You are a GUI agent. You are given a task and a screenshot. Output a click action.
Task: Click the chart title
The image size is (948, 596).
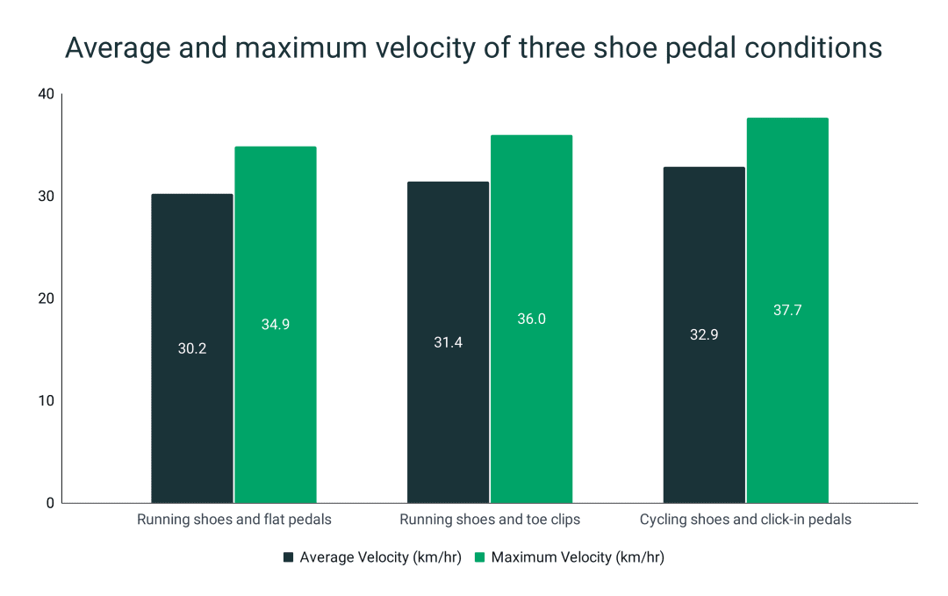coord(474,48)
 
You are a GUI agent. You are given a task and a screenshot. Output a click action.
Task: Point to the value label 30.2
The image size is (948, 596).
coord(192,348)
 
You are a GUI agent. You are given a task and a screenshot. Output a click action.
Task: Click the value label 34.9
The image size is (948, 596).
coord(276,324)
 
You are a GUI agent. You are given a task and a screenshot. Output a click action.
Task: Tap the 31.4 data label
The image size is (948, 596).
coord(448,342)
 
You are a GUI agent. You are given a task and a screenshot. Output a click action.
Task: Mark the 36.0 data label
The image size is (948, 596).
coord(531,319)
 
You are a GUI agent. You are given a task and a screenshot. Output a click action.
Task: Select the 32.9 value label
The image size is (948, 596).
coord(704,334)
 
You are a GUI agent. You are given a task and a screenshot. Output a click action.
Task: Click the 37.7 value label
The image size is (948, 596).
coord(787,310)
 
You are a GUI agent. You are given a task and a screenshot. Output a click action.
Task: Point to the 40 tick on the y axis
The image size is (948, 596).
coord(46,94)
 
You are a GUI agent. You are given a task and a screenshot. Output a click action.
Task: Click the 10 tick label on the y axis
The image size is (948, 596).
coord(46,400)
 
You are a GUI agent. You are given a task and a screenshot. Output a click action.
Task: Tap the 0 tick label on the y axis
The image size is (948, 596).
coord(49,503)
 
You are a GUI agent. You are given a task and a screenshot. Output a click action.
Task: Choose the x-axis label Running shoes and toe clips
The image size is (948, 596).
coord(490,520)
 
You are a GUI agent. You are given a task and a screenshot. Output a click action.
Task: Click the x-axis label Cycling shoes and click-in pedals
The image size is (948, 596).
coord(745,520)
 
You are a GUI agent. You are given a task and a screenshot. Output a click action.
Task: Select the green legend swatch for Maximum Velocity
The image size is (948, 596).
coord(480,557)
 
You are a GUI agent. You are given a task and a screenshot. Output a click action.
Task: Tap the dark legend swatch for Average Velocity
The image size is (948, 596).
coord(289,557)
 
